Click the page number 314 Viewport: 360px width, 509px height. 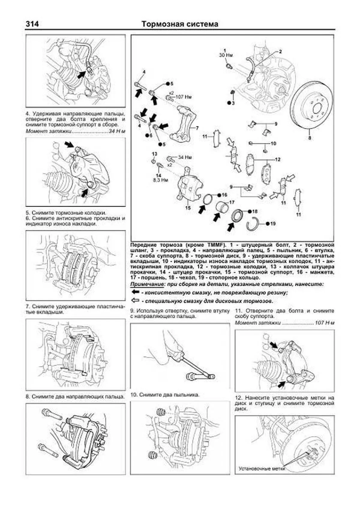coord(32,24)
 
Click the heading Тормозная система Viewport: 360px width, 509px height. coord(180,24)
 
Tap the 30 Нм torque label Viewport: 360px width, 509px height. coord(226,55)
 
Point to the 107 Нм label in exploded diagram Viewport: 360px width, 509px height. coord(183,97)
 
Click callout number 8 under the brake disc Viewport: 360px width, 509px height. coord(310,138)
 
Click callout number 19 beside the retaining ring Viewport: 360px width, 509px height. coord(273,223)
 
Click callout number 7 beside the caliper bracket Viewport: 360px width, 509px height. coord(197,128)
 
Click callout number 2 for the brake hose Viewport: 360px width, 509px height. coord(280,52)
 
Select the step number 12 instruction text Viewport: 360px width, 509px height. coord(284,403)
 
